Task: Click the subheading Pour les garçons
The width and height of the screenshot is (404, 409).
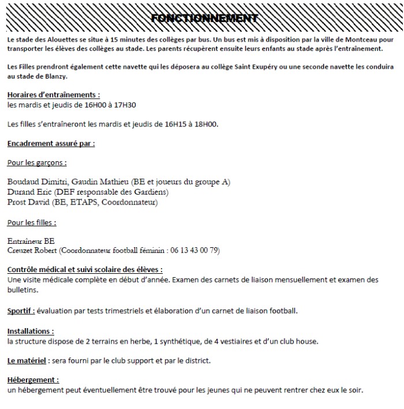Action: click(36, 162)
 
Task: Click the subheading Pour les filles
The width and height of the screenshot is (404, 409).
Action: click(31, 222)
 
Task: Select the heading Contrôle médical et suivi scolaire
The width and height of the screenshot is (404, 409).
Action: click(84, 270)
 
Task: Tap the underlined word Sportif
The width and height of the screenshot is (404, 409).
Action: click(20, 311)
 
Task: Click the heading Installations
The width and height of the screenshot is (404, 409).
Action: click(31, 332)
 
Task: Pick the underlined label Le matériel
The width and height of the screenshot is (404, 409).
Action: click(28, 361)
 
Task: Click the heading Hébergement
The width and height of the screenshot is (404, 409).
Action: click(33, 381)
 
